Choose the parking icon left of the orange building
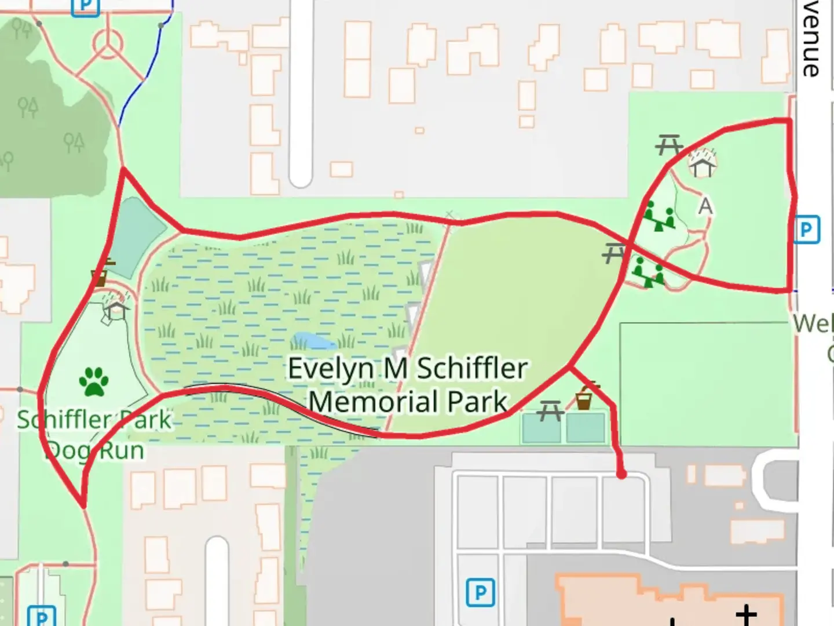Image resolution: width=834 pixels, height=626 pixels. [x=480, y=592]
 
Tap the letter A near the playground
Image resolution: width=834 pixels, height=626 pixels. [x=705, y=206]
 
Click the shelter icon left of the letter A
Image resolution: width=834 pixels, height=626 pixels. [x=703, y=163]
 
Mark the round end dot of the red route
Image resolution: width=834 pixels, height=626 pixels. [x=621, y=474]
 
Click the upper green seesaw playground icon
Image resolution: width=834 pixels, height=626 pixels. [x=659, y=216]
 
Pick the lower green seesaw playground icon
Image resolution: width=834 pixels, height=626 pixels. [x=649, y=272]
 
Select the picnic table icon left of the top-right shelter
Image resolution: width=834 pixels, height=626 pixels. [x=669, y=144]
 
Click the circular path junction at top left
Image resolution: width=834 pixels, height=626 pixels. [x=108, y=42]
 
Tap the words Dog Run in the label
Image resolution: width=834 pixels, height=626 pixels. [x=95, y=450]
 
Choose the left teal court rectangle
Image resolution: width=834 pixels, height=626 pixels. [x=541, y=428]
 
